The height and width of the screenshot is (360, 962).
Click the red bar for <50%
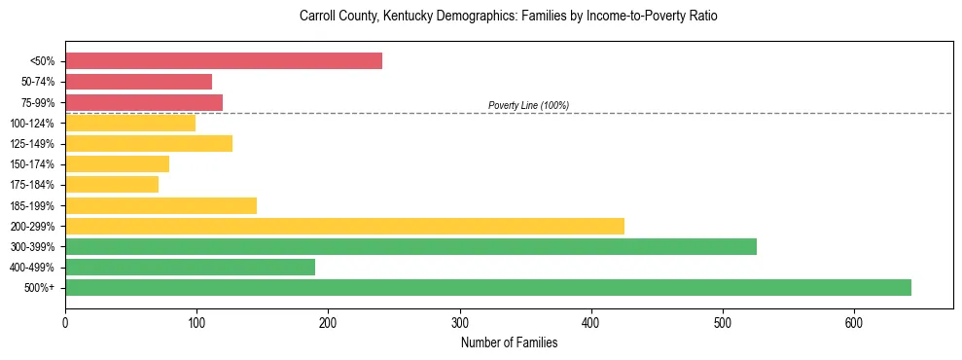[224, 61]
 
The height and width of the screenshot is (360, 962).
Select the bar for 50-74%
[138, 82]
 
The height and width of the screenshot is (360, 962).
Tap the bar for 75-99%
[144, 102]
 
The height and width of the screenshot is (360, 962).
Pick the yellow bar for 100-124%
[130, 123]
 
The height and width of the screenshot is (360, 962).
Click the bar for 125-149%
[149, 143]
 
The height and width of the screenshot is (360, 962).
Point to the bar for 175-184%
[112, 184]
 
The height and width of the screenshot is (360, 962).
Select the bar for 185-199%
[160, 205]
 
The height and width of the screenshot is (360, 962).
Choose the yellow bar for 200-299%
[344, 226]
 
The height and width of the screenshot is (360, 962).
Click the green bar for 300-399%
[410, 246]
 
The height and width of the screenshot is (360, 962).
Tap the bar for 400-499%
[190, 267]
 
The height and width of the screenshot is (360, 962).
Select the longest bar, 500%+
[488, 287]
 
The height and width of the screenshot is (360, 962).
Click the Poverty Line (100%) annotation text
[528, 105]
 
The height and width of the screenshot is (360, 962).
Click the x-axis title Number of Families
[509, 342]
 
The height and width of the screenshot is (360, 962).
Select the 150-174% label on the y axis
[32, 164]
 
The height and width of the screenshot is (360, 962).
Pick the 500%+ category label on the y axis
[39, 288]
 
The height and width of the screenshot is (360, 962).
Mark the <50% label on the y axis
[42, 61]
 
